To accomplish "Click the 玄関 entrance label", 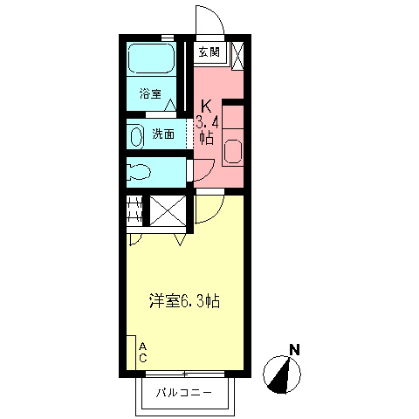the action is click(x=209, y=52).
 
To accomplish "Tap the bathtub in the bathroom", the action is click(x=151, y=58).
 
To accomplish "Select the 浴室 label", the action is click(x=150, y=93).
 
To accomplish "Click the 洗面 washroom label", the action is click(x=163, y=134).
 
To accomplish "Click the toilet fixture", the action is click(x=139, y=172).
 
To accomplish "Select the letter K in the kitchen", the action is click(x=206, y=106).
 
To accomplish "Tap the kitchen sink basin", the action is click(x=233, y=152).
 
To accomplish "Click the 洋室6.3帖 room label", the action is click(x=184, y=301).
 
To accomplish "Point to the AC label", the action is click(x=142, y=353).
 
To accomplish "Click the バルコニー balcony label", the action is click(x=184, y=393).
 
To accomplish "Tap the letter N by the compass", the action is click(x=295, y=349).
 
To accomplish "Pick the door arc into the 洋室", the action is click(x=216, y=212).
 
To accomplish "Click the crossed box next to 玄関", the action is click(x=237, y=55).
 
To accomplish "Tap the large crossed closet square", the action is click(x=168, y=210).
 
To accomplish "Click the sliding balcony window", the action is click(x=185, y=374).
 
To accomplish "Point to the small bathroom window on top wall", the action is click(x=168, y=38).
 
